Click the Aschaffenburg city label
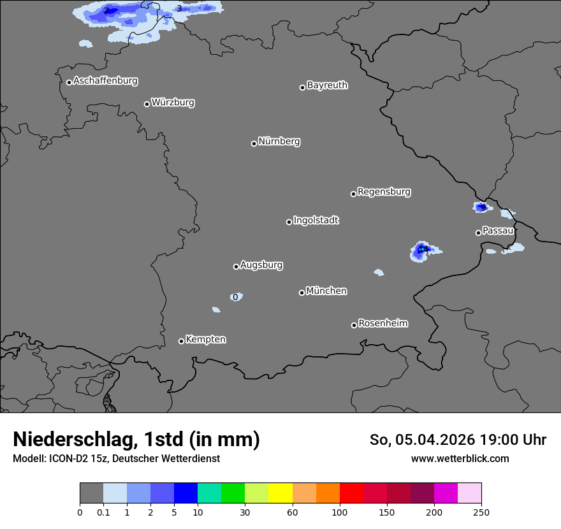[105, 81]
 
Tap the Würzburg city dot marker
[147, 104]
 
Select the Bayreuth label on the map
[327, 85]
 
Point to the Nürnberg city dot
[254, 143]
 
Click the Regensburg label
[384, 191]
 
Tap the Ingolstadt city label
[316, 221]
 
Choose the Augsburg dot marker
[236, 266]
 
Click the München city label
[326, 291]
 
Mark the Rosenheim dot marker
[354, 326]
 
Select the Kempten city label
[205, 339]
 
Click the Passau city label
[498, 231]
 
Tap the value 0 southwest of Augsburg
[236, 297]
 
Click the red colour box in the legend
[351, 493]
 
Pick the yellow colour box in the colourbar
[280, 493]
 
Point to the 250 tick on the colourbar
[481, 512]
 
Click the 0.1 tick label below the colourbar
[103, 512]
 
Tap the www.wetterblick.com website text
[460, 459]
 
